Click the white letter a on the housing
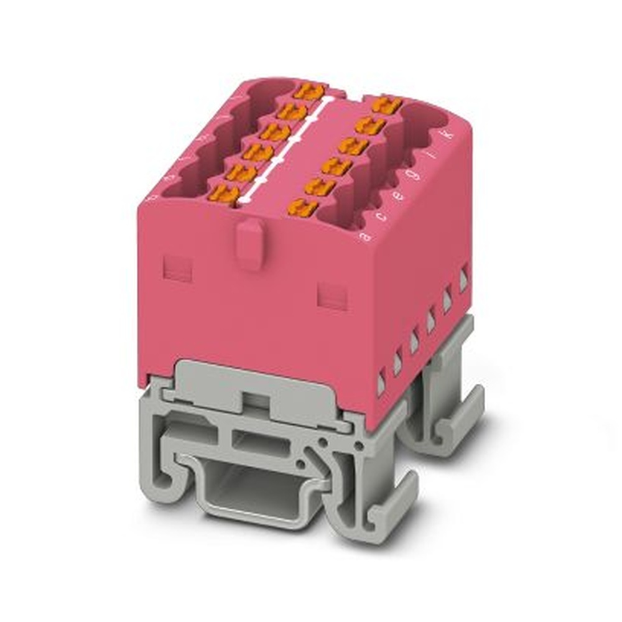[367, 236]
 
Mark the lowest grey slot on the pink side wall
[381, 384]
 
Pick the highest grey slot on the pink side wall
[463, 278]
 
